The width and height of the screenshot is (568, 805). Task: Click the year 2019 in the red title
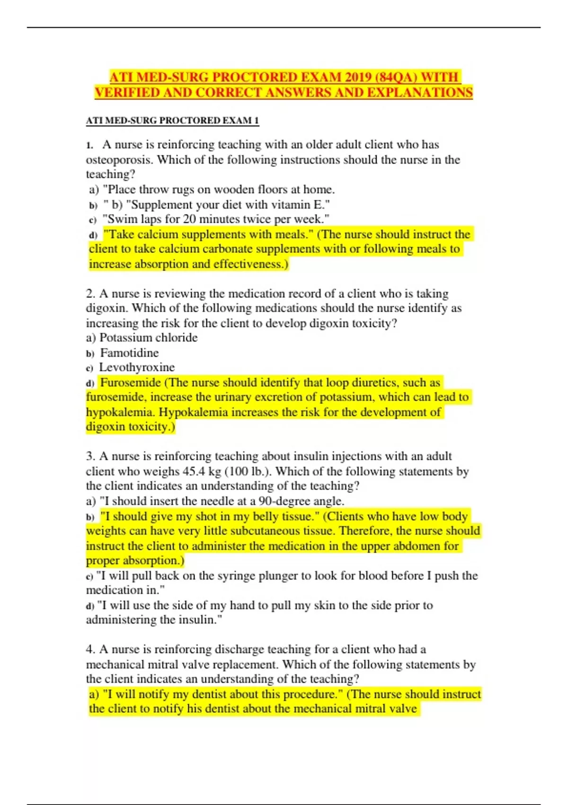point(359,77)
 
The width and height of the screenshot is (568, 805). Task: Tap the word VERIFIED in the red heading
point(127,92)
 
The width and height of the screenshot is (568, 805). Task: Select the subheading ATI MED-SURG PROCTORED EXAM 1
point(172,121)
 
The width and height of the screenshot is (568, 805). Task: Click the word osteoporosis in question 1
point(119,160)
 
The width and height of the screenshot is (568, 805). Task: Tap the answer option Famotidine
point(129,353)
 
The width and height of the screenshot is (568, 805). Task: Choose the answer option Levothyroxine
point(137,367)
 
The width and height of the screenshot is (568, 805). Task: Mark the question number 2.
point(90,294)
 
